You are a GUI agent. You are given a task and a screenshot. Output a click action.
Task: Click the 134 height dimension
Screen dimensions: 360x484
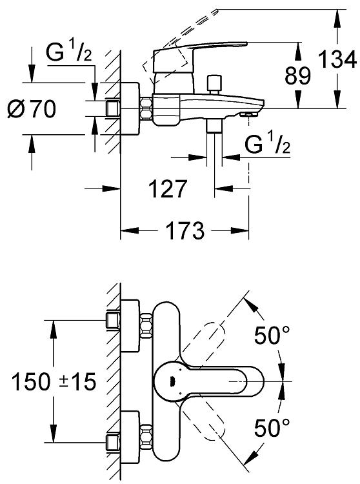tap(337, 59)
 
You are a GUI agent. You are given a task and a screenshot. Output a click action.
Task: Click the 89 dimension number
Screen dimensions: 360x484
tap(297, 76)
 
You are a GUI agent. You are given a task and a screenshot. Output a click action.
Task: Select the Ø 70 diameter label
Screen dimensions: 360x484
tap(32, 108)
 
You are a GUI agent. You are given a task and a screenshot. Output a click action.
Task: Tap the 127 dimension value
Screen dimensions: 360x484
tap(168, 188)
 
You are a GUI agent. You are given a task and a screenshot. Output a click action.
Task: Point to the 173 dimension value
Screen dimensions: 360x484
tap(185, 230)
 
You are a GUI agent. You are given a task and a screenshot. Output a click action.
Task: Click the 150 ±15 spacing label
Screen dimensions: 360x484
tap(54, 381)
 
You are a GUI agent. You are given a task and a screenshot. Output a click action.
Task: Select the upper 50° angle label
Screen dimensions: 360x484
tap(272, 335)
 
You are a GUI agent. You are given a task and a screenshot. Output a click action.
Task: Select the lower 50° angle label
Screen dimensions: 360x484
tap(272, 427)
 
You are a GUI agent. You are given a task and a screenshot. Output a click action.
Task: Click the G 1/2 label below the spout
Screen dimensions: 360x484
tap(268, 144)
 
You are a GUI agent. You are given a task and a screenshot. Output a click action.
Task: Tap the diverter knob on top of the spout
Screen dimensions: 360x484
tap(215, 85)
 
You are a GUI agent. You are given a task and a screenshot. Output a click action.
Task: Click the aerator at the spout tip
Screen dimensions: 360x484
tap(248, 114)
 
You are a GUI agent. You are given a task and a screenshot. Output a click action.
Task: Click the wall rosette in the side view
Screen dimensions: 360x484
tap(130, 108)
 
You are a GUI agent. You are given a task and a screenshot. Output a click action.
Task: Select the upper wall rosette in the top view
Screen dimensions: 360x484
tap(130, 326)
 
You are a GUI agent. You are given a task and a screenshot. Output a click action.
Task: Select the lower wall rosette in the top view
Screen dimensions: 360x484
tap(130, 437)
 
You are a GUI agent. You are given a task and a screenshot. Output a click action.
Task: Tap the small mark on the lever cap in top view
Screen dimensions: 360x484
tap(173, 381)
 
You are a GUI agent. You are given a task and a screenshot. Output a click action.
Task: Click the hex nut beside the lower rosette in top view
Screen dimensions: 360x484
tap(146, 437)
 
